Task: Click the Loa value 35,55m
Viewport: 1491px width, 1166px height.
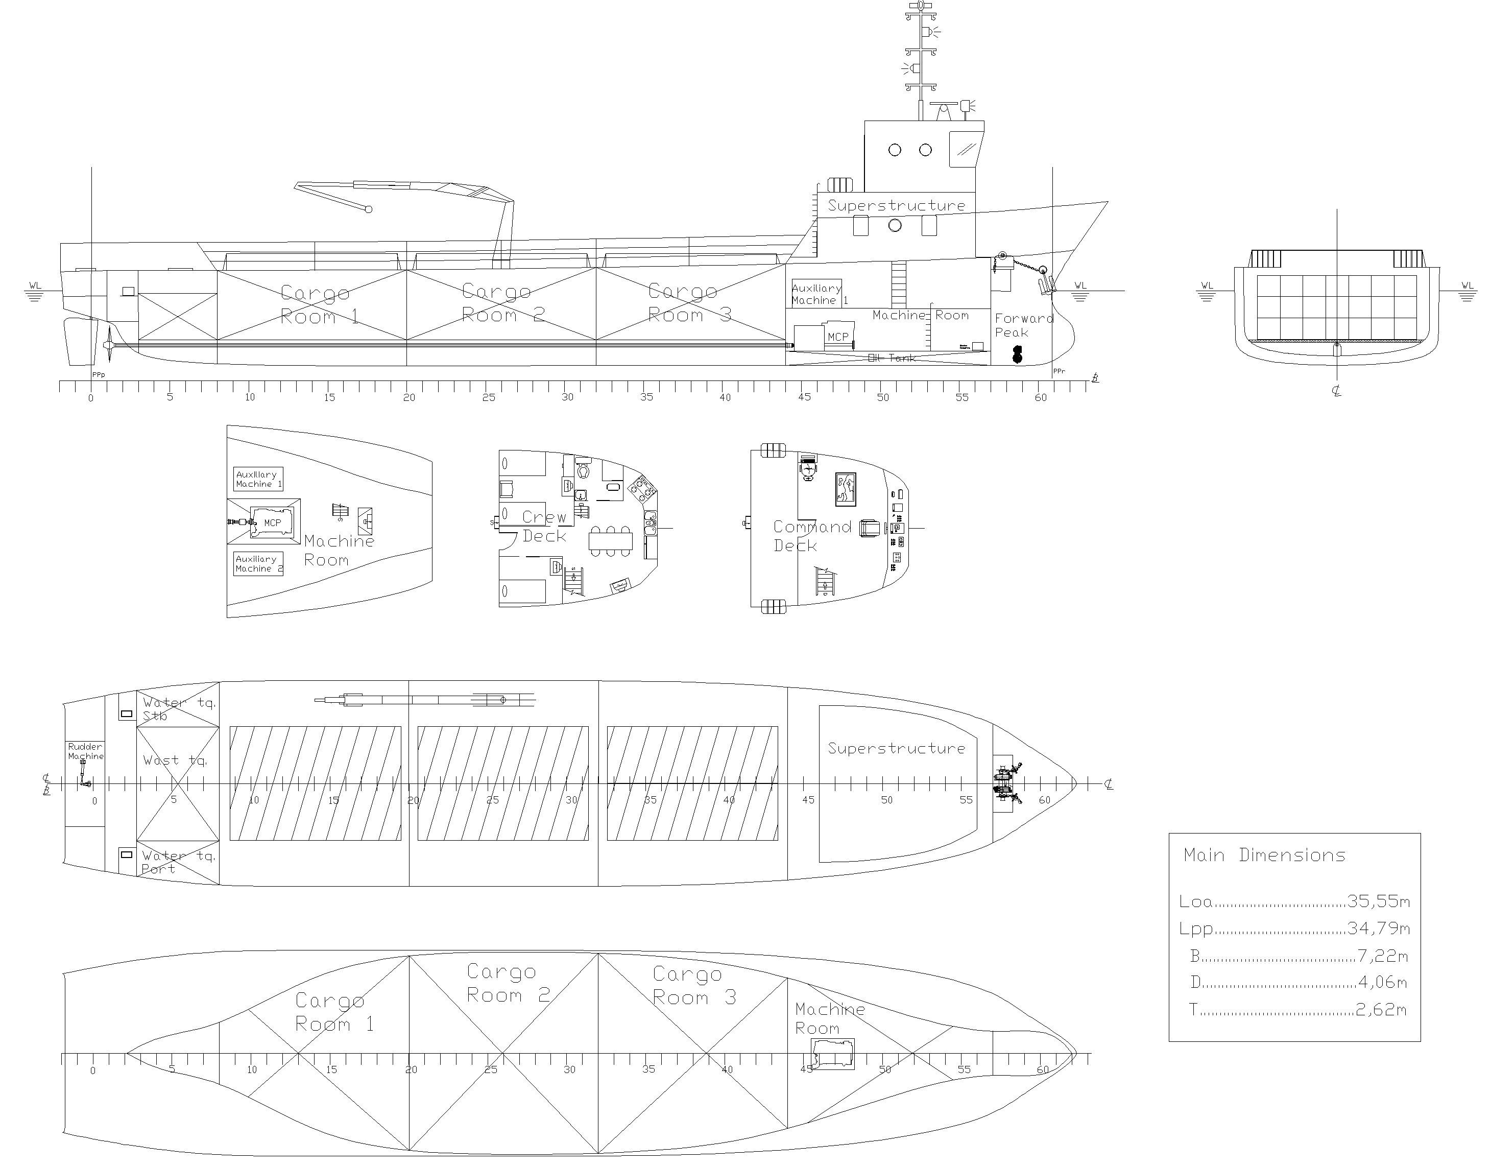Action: (1378, 901)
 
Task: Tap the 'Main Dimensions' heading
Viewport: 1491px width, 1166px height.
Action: (1264, 855)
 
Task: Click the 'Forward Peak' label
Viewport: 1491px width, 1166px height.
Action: (1023, 326)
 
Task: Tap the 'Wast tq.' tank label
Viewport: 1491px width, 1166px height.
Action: (175, 760)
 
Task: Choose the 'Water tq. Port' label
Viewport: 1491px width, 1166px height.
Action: (178, 862)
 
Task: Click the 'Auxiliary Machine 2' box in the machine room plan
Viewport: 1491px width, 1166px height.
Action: (258, 564)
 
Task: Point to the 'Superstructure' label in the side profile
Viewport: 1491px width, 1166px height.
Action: (896, 205)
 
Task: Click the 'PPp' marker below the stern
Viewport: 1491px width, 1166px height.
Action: (99, 374)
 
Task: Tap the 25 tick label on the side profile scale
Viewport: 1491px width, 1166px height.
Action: (488, 397)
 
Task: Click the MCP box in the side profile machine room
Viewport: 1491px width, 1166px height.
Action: (837, 337)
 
